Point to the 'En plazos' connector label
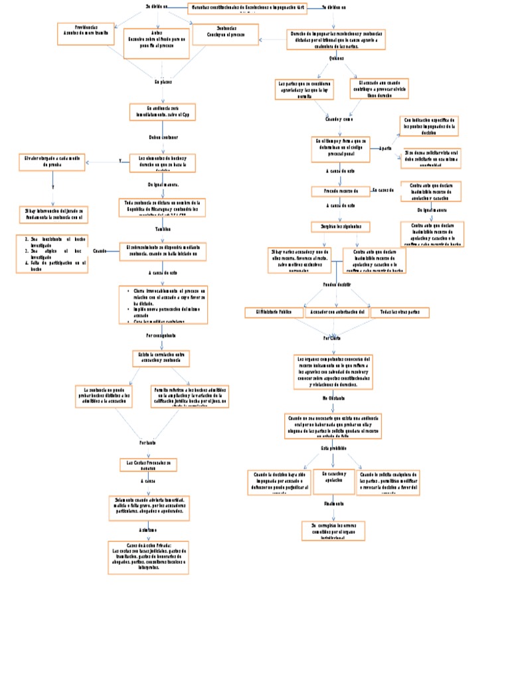pos(163,82)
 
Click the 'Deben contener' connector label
pos(163,137)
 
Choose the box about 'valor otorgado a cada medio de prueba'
pos(52,162)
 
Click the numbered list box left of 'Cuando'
pos(52,254)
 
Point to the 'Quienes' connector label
pos(337,59)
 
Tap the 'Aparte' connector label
pos(385,149)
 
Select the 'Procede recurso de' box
pos(341,191)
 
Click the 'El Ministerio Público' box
pos(274,311)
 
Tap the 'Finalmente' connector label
pos(334,503)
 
